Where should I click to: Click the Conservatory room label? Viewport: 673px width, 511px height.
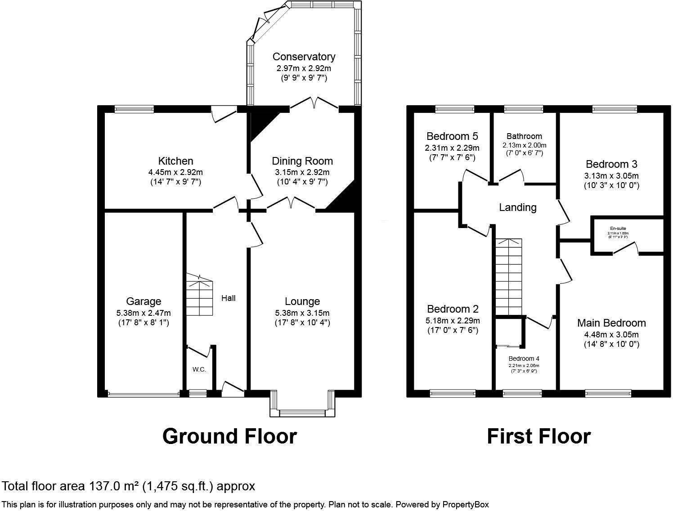point(304,57)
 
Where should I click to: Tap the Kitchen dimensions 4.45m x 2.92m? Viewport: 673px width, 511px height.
point(175,172)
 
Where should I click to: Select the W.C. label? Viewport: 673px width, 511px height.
point(199,369)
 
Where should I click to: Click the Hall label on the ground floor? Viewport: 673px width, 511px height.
point(228,298)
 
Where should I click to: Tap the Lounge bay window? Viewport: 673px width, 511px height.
point(302,412)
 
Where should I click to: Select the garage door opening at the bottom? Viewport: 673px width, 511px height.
point(143,394)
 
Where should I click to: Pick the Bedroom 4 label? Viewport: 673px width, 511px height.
point(524,359)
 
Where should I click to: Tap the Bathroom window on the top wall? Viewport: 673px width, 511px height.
point(523,108)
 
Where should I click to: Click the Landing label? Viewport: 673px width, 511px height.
point(518,207)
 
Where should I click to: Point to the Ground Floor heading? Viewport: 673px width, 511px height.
point(229,436)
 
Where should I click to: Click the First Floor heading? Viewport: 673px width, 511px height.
point(538,436)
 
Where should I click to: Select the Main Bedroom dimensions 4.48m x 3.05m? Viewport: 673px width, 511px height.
point(611,335)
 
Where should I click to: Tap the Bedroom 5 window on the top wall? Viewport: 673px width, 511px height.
point(454,108)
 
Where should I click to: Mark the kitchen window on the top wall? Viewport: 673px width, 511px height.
point(134,108)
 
